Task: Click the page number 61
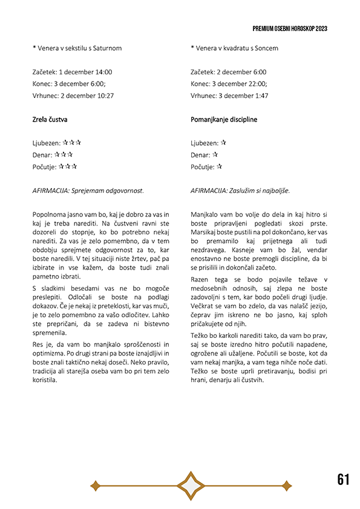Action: [x=343, y=479]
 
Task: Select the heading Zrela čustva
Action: [x=50, y=120]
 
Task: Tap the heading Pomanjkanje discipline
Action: [x=223, y=120]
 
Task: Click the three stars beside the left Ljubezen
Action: [x=72, y=143]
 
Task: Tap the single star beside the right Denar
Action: [x=214, y=155]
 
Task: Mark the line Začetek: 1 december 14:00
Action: [x=72, y=72]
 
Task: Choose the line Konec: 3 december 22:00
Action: [x=228, y=84]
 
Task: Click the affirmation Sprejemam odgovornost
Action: [x=112, y=190]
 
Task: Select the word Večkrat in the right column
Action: [x=204, y=306]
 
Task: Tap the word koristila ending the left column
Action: [x=45, y=380]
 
